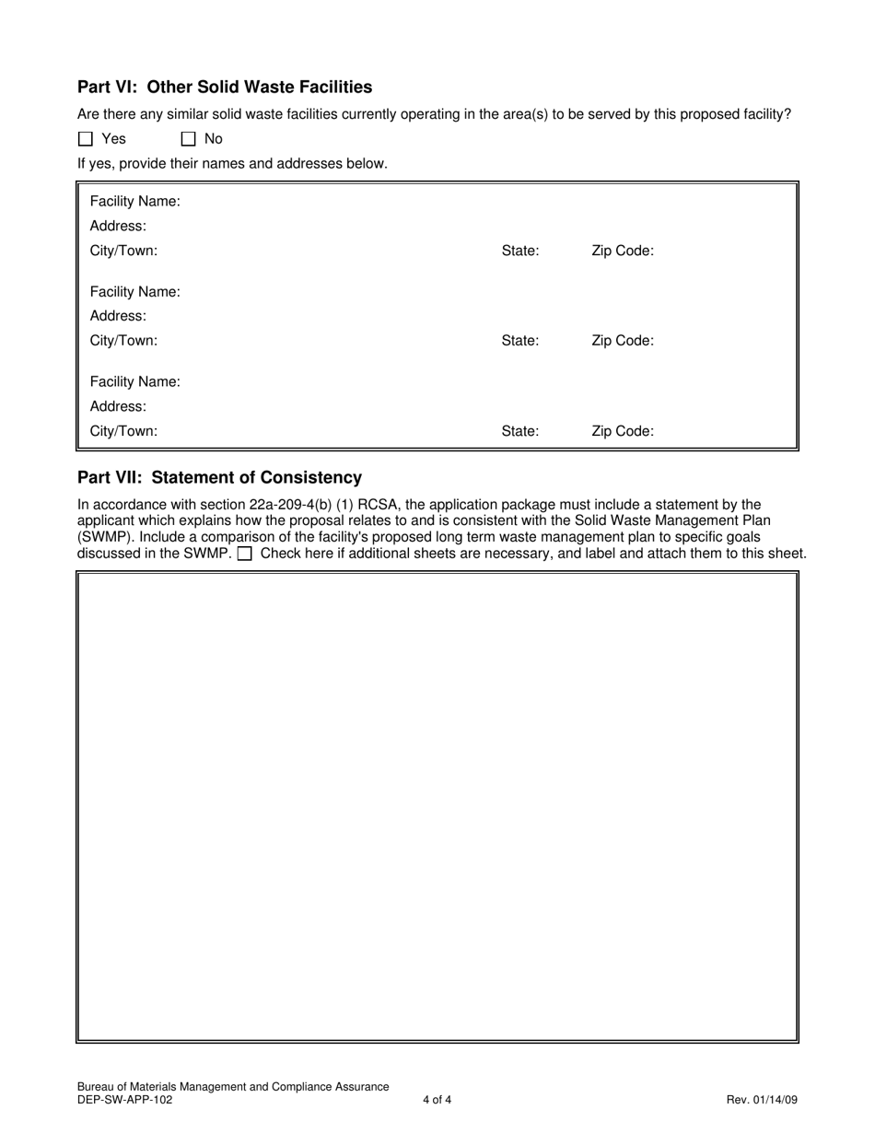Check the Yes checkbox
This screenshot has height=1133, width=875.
[x=86, y=139]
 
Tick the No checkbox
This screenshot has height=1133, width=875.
[x=189, y=139]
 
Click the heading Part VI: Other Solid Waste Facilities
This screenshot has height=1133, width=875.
[x=225, y=87]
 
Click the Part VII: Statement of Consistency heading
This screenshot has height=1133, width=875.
[x=219, y=477]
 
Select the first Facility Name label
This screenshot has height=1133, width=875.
[x=134, y=202]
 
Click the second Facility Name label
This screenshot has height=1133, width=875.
[x=134, y=292]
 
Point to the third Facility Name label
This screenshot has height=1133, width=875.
[x=134, y=381]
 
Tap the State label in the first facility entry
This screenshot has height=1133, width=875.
[x=519, y=251]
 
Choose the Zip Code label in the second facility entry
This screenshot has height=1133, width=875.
[x=622, y=341]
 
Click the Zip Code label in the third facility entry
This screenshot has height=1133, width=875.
[x=622, y=431]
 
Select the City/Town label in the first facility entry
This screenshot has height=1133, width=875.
[x=123, y=251]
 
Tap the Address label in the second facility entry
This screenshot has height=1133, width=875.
[x=118, y=316]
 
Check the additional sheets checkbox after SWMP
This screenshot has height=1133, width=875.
[x=245, y=554]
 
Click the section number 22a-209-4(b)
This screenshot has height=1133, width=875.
[x=291, y=505]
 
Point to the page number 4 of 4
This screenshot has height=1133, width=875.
[x=437, y=1099]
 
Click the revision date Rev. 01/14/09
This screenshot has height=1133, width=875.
[x=762, y=1099]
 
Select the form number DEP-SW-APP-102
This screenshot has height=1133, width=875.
[x=124, y=1099]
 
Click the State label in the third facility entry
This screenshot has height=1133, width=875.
[x=519, y=431]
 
